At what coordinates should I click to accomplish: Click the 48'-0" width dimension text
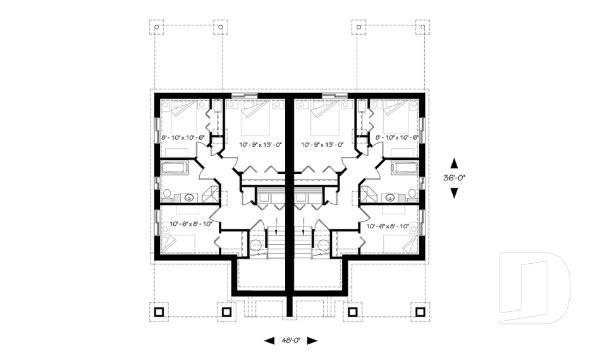(290, 340)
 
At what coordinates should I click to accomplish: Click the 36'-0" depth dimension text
(454, 178)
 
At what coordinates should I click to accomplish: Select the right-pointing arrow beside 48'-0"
(312, 340)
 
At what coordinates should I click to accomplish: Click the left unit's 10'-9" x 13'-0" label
(260, 144)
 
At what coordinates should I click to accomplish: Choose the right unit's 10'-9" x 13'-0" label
(322, 144)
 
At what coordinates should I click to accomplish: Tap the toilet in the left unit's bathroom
(167, 193)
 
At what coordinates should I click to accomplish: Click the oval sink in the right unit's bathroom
(391, 197)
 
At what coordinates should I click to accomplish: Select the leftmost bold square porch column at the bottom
(159, 311)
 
